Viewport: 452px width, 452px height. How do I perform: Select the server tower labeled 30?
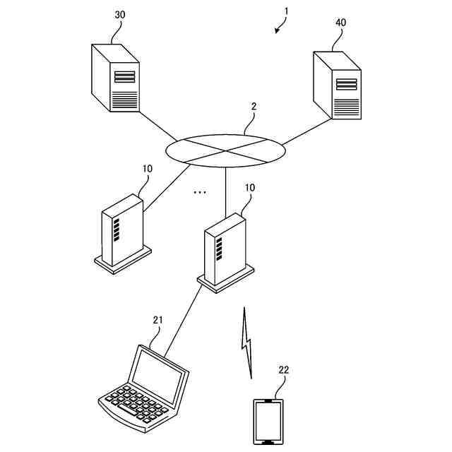pyautogui.click(x=114, y=77)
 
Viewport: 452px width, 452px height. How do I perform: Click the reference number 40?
pyautogui.click(x=341, y=23)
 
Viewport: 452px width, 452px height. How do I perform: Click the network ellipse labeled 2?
pyautogui.click(x=226, y=150)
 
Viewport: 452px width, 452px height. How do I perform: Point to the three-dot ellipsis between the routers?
pyautogui.click(x=199, y=191)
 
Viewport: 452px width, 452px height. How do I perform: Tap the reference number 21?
pyautogui.click(x=157, y=320)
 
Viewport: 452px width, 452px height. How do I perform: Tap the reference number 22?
pyautogui.click(x=283, y=369)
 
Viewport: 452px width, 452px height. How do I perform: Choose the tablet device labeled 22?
pyautogui.click(x=268, y=422)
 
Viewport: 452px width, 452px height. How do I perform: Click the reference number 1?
pyautogui.click(x=287, y=11)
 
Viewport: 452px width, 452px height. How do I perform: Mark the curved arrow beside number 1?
pyautogui.click(x=280, y=26)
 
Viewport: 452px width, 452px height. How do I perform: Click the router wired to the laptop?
pyautogui.click(x=225, y=251)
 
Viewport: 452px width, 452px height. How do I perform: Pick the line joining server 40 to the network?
pyautogui.click(x=307, y=132)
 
